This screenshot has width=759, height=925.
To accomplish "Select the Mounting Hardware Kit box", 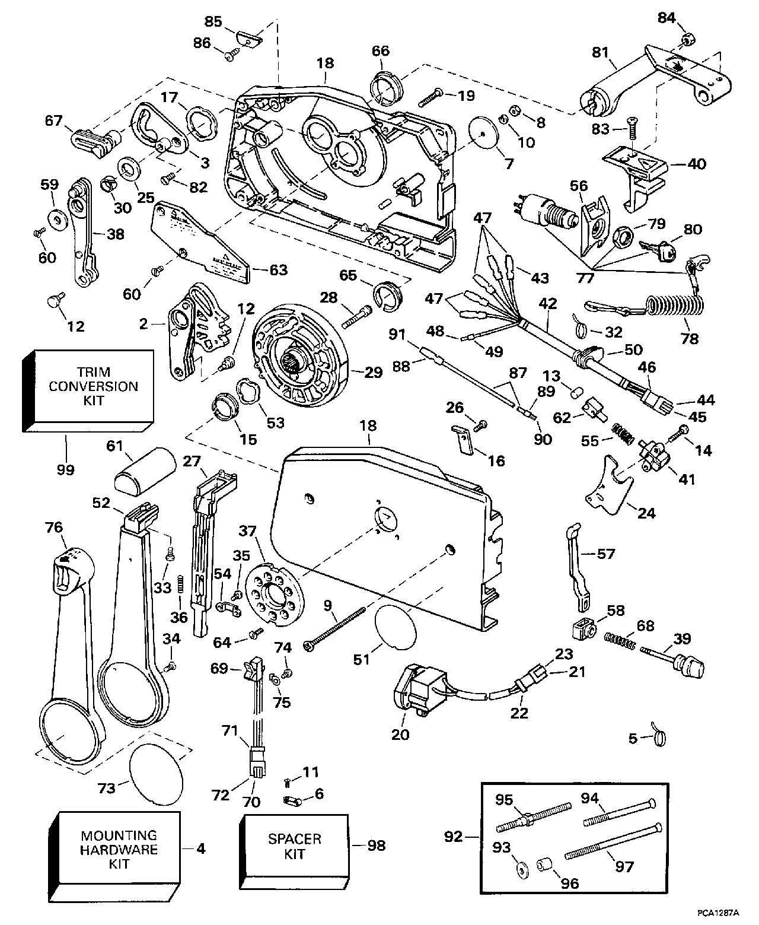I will point(119,850).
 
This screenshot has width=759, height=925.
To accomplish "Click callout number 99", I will point(65,469).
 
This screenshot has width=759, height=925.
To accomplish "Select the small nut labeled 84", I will point(688,40).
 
